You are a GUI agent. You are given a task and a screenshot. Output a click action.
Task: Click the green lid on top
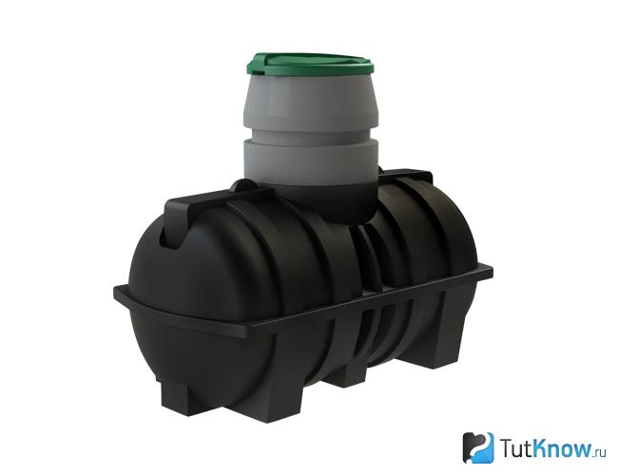click(311, 65)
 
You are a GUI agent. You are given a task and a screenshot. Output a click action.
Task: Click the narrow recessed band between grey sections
click(311, 134)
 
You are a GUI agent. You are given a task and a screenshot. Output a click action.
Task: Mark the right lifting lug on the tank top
click(410, 177)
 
